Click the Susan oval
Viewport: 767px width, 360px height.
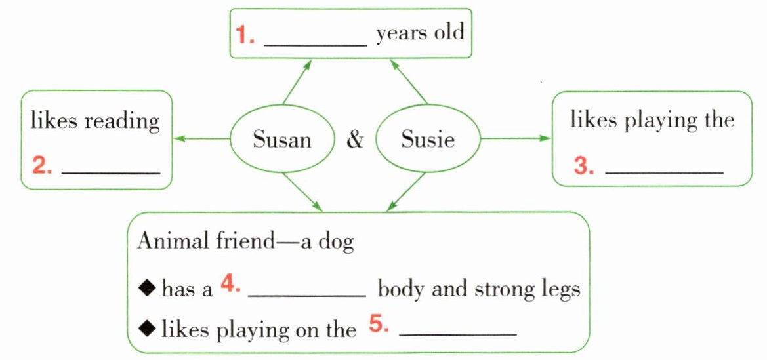click(x=282, y=139)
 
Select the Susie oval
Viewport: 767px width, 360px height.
click(x=427, y=139)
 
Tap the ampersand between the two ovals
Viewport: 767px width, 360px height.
click(x=354, y=140)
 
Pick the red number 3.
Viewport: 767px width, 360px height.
click(x=584, y=167)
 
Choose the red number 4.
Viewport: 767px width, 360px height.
click(x=231, y=283)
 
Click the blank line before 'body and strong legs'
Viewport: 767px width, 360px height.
click(x=306, y=296)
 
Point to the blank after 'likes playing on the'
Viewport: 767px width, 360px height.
click(x=458, y=336)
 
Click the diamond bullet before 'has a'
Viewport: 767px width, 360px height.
click(x=148, y=288)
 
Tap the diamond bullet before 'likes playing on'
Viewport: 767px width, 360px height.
click(x=148, y=328)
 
